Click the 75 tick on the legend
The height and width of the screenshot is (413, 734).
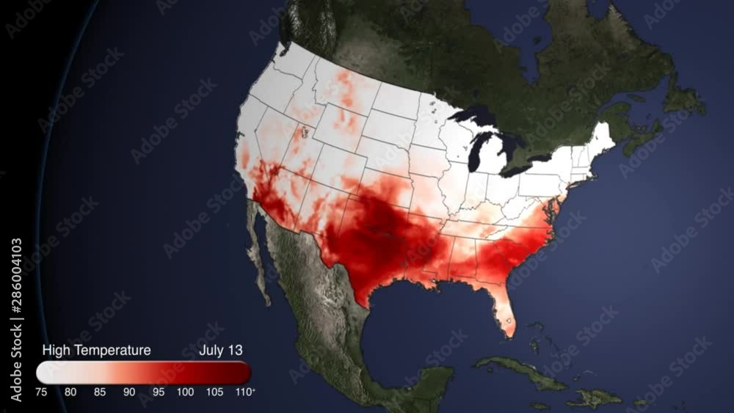click(x=42, y=392)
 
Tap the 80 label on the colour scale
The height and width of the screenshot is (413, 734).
click(x=70, y=392)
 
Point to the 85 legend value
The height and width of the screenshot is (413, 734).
click(x=100, y=392)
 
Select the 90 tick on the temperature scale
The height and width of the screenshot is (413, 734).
click(x=129, y=392)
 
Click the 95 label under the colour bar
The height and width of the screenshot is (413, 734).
click(x=158, y=392)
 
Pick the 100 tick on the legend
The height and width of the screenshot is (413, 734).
click(x=186, y=392)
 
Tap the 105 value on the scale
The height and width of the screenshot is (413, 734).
click(x=215, y=392)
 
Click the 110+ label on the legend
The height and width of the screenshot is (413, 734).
click(x=245, y=392)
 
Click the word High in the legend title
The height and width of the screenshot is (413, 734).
click(x=57, y=351)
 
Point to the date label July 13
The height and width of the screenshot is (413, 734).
click(x=221, y=351)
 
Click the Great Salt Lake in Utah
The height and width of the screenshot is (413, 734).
click(x=302, y=134)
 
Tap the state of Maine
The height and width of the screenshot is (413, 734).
click(x=601, y=136)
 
